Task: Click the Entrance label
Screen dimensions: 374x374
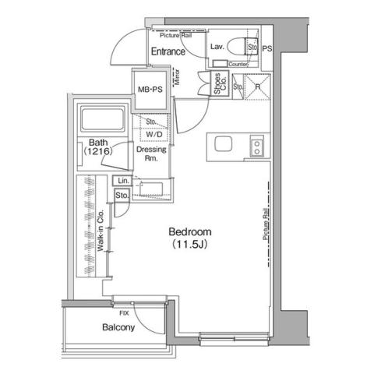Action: [x=168, y=52]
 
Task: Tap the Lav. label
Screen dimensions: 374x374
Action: [x=218, y=47]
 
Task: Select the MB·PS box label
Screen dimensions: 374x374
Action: [x=150, y=90]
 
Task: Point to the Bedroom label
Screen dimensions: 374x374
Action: [x=190, y=232]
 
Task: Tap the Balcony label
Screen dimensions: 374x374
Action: [x=118, y=328]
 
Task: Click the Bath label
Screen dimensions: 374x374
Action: [x=97, y=142]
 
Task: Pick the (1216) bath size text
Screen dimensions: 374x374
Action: [x=98, y=152]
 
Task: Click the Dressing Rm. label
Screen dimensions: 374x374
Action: [x=149, y=153]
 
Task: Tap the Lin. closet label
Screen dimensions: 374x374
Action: [x=122, y=181]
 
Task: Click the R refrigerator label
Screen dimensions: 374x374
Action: [x=258, y=88]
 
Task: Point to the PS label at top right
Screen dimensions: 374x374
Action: [x=267, y=48]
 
